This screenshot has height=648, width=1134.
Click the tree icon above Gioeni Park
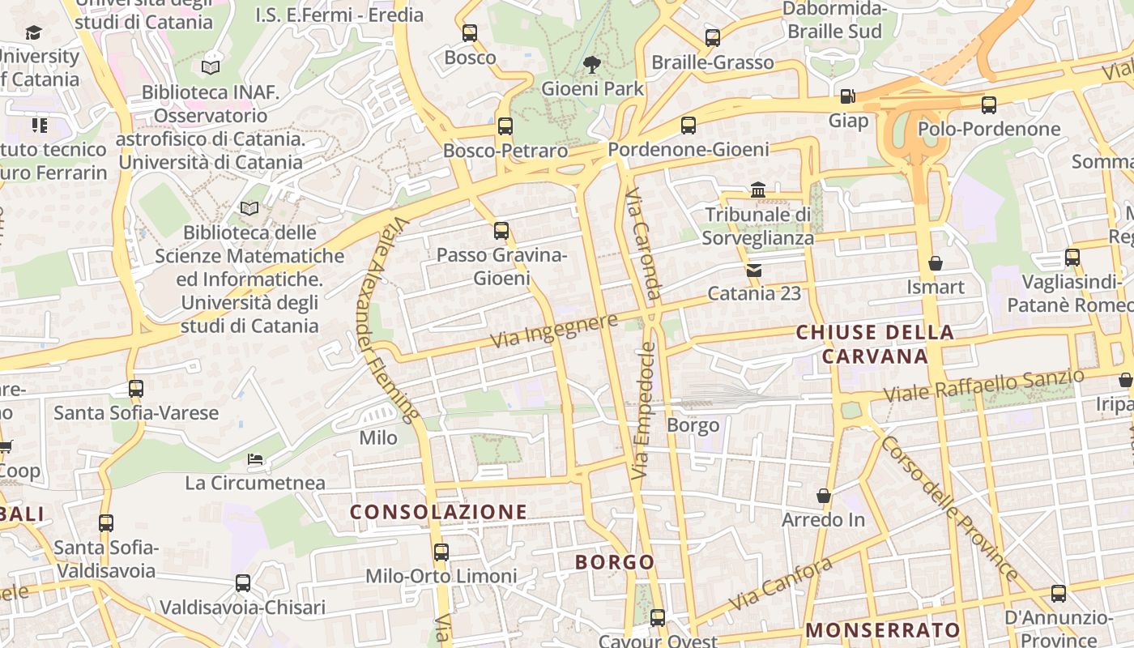point(592,64)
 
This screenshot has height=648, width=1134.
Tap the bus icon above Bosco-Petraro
point(505,126)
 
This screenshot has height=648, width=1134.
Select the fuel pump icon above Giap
point(847,96)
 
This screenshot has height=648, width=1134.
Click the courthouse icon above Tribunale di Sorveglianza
point(758,190)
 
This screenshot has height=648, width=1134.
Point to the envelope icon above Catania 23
point(754,270)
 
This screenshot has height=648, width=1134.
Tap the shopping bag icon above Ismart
point(936,263)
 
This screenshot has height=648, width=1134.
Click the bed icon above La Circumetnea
point(255,459)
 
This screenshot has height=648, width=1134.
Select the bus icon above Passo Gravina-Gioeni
point(501,231)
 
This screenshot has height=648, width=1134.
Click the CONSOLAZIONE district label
point(438,512)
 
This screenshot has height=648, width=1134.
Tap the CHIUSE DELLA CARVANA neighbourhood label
point(875,344)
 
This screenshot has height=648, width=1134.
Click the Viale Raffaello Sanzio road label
point(983,386)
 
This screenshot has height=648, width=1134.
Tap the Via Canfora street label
point(780,585)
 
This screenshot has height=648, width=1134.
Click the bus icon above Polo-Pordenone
point(988,104)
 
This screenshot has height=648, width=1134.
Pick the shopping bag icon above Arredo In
point(824,496)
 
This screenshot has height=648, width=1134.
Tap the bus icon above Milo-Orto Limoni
point(441,552)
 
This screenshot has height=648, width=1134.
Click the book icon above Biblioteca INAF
point(211,67)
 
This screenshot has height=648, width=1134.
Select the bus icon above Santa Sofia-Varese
point(135,388)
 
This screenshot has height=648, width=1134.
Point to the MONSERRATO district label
point(883,630)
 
